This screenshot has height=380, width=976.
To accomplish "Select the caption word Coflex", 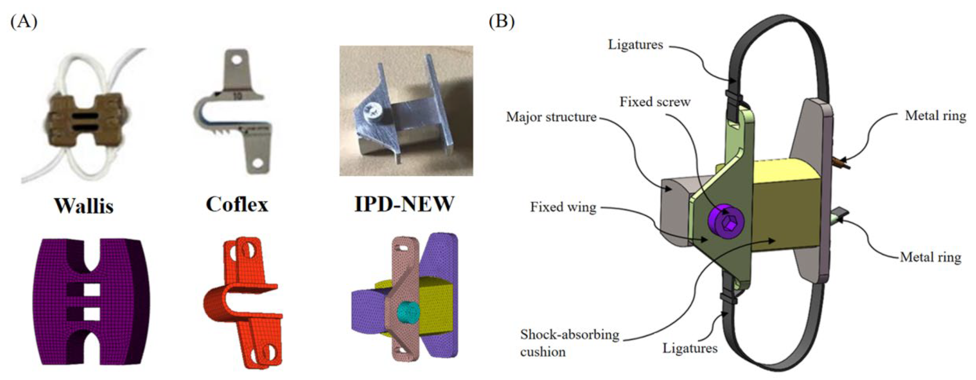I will click(x=237, y=205).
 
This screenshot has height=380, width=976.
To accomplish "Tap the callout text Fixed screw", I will click(x=655, y=102).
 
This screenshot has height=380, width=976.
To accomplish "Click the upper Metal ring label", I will click(x=935, y=115).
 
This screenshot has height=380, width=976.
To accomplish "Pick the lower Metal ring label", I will click(x=930, y=257).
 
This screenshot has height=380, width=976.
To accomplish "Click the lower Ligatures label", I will click(x=690, y=348).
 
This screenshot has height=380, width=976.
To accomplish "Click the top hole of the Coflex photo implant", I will click(x=237, y=60).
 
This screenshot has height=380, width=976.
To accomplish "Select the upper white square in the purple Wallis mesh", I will click(x=91, y=290).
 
